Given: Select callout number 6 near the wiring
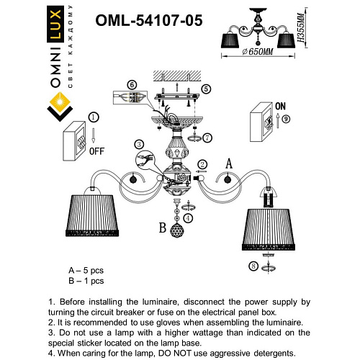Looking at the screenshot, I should (x=132, y=85).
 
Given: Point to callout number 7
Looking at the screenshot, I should (x=207, y=138).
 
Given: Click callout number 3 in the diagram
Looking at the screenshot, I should (x=139, y=144).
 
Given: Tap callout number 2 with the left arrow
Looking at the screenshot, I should (x=203, y=164).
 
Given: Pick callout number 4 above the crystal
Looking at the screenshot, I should (x=188, y=217).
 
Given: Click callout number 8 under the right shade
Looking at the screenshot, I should (x=252, y=267).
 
